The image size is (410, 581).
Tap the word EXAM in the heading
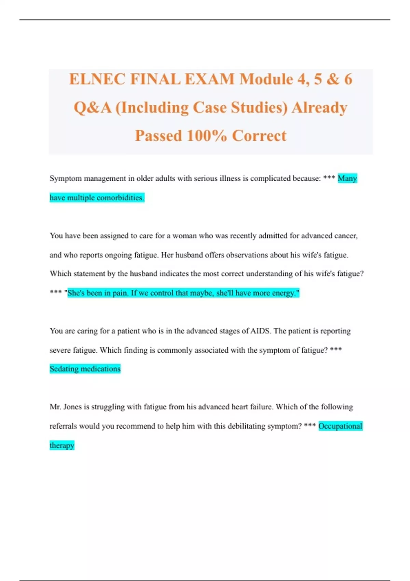(x=209, y=79)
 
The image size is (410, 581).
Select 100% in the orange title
(x=207, y=136)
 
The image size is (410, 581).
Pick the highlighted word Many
(x=347, y=178)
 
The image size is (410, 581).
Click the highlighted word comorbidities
(x=120, y=198)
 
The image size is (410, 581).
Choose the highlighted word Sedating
(x=64, y=369)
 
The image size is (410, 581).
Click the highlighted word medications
(x=101, y=369)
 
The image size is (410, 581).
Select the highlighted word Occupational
(x=340, y=426)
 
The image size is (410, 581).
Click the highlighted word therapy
(x=62, y=445)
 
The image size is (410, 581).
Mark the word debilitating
(x=249, y=426)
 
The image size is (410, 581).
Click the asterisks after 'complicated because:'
(x=329, y=178)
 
